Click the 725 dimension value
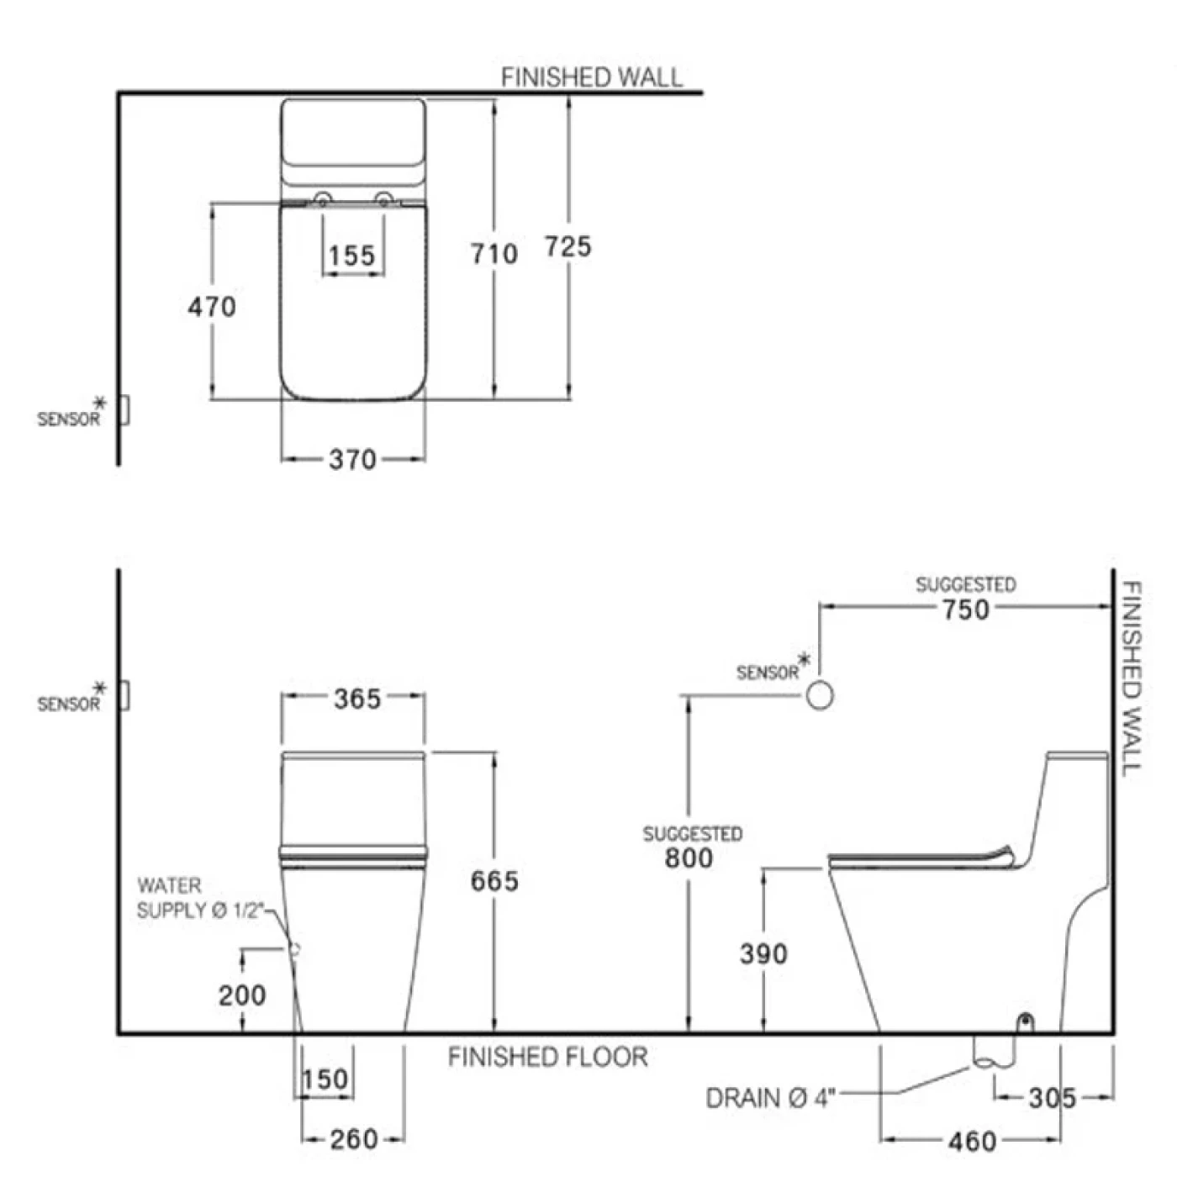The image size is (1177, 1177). point(568,247)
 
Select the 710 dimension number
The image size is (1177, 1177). point(494,254)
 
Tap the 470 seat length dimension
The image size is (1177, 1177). point(212,307)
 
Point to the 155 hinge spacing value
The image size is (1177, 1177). point(352,256)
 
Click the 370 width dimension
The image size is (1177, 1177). point(352,460)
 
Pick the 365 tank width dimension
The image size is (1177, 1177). point(357,699)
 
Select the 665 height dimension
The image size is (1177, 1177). point(494,881)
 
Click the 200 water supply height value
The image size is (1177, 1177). point(242,995)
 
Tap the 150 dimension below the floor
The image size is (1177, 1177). point(325,1079)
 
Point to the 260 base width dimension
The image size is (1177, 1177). point(354,1139)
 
